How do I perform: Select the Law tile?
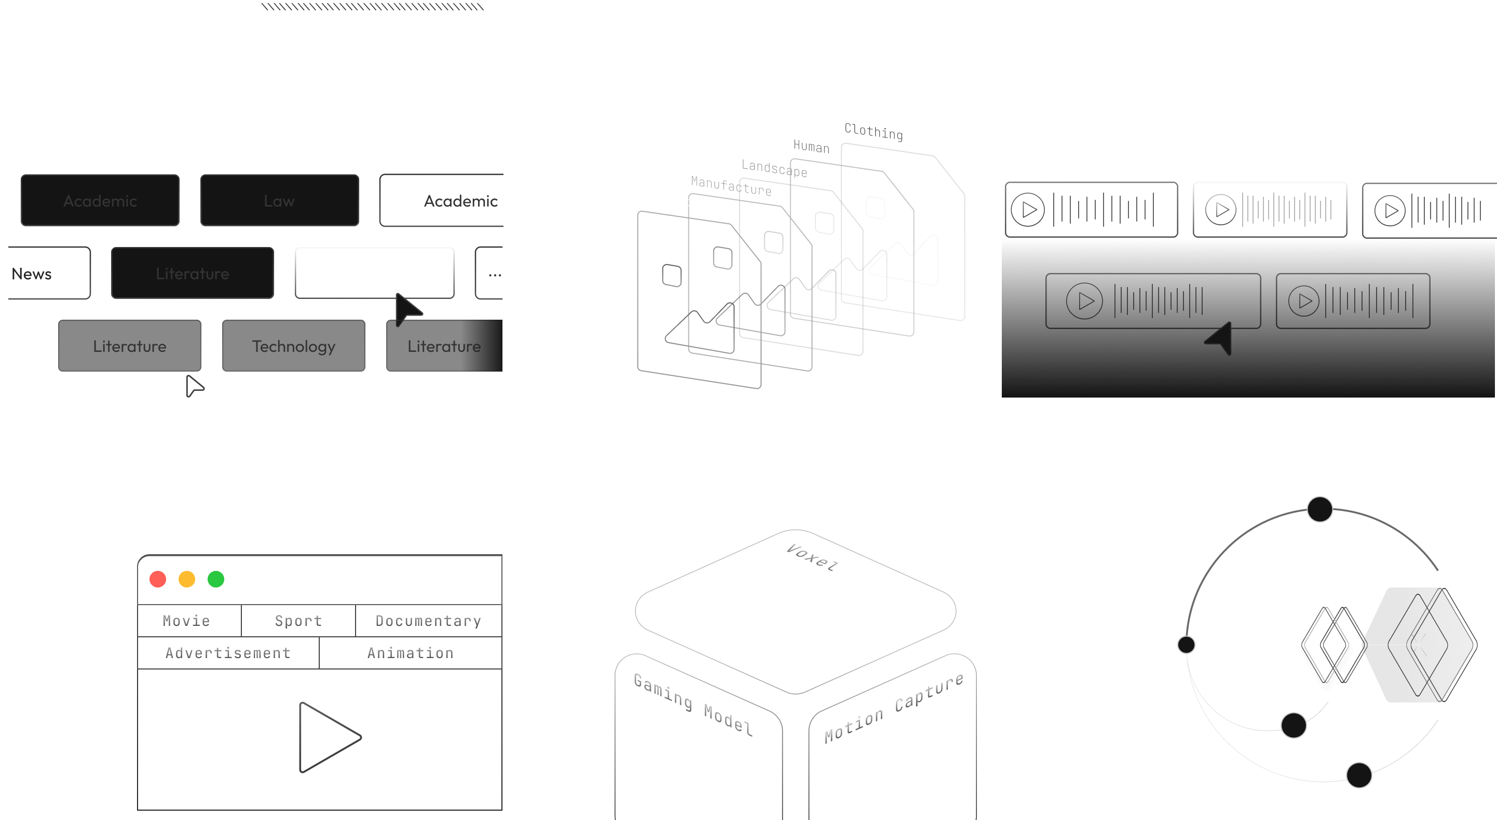[280, 200]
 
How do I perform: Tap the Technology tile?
[293, 346]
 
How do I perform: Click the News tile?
[33, 274]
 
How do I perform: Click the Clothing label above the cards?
[873, 131]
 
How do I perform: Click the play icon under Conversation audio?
[1027, 209]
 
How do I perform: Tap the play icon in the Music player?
[1084, 300]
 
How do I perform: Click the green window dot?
[215, 579]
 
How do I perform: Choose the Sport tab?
[298, 621]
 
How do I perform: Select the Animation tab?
[410, 653]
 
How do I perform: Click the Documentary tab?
[428, 621]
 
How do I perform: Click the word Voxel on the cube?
[812, 557]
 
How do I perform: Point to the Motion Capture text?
[894, 708]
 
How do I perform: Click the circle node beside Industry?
[1186, 644]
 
